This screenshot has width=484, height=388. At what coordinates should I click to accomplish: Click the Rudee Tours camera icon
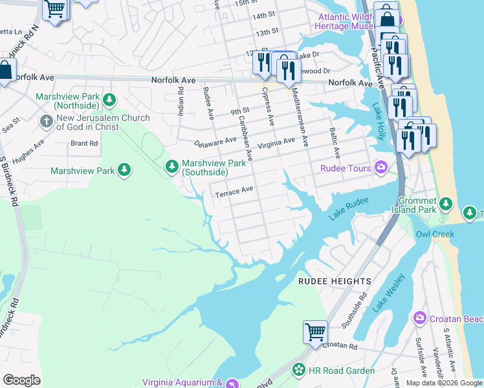(x=382, y=168)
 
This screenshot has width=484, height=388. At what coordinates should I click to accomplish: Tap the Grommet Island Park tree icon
(x=445, y=204)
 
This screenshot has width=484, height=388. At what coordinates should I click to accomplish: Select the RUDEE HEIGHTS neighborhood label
(x=335, y=281)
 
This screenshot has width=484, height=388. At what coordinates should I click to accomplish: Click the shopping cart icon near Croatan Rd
(x=315, y=332)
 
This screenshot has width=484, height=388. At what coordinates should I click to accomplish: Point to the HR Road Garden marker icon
(x=299, y=370)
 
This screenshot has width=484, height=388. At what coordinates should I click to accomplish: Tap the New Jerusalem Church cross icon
(x=46, y=121)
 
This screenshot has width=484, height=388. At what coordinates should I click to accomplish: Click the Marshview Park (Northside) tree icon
(x=110, y=100)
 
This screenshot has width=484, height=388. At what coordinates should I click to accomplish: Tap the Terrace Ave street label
(x=233, y=192)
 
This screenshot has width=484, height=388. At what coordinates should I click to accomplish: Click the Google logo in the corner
(x=21, y=380)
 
